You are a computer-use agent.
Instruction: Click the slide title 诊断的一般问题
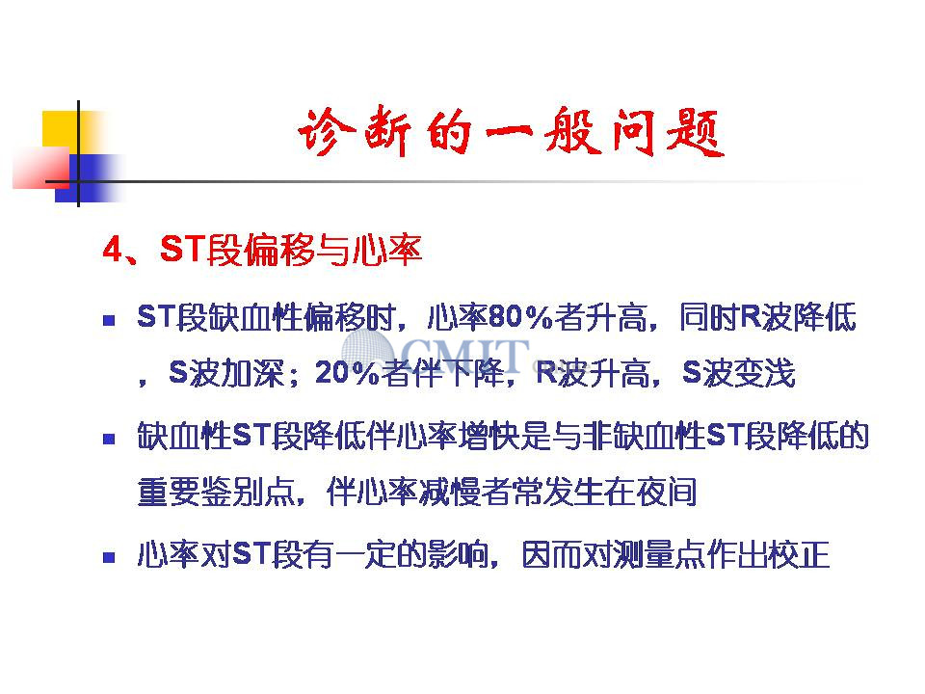click(x=511, y=132)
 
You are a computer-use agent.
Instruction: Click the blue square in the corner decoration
click(x=89, y=178)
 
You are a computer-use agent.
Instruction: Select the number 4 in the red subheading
click(x=112, y=249)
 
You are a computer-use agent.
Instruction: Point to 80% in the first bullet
click(x=520, y=317)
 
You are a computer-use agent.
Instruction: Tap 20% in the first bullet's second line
click(x=347, y=372)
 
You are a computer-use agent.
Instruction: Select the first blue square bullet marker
click(x=109, y=320)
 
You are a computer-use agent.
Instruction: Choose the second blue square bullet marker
click(x=109, y=439)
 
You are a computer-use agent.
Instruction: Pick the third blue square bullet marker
click(x=109, y=557)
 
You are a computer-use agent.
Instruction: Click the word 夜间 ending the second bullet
click(x=667, y=492)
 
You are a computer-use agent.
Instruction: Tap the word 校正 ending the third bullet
click(x=800, y=554)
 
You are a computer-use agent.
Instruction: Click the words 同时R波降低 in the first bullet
click(x=768, y=317)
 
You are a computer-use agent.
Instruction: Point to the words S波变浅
click(x=739, y=372)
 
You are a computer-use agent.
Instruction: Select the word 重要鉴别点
click(x=216, y=492)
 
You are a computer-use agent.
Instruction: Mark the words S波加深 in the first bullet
click(x=226, y=372)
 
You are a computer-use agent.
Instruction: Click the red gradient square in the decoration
click(x=41, y=168)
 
